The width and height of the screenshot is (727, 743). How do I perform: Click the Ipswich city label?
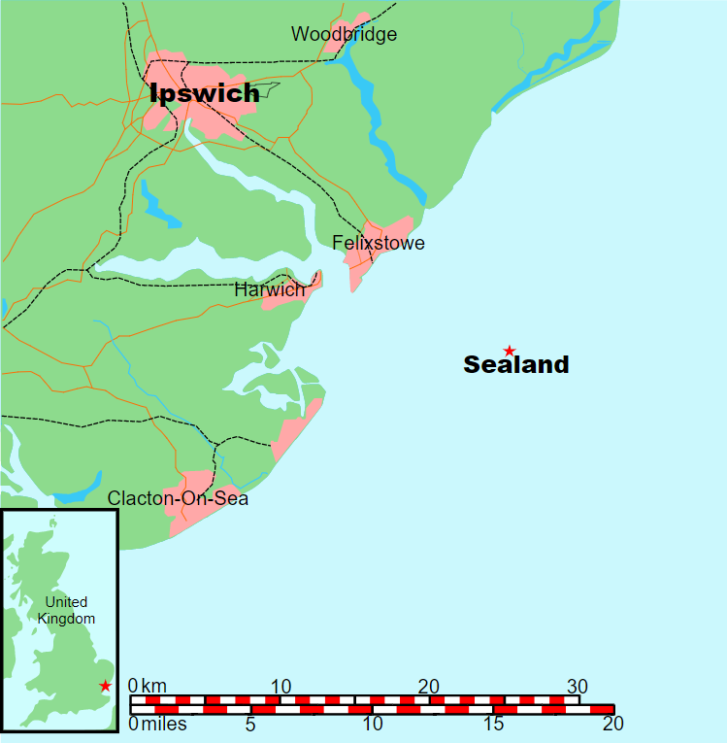tap(205, 93)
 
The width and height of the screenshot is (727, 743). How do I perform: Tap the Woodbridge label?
tap(344, 35)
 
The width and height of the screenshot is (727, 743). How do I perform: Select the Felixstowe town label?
tap(378, 243)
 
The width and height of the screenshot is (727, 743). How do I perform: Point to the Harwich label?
tap(269, 289)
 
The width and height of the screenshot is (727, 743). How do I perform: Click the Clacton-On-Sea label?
tap(178, 499)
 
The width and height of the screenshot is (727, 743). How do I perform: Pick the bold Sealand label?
tap(515, 365)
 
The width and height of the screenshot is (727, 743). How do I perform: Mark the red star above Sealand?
tap(508, 350)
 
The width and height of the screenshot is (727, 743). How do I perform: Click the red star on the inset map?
tap(106, 687)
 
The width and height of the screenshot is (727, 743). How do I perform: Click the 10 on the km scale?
tap(281, 686)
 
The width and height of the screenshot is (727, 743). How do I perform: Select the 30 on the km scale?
tap(578, 686)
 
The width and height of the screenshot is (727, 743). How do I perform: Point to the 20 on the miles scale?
tap(611, 724)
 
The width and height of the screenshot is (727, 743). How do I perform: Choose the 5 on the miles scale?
tap(250, 724)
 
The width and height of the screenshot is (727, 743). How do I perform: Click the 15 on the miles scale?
tap(492, 724)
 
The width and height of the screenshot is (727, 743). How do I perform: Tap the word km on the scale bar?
tap(154, 686)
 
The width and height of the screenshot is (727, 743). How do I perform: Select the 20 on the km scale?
tap(428, 686)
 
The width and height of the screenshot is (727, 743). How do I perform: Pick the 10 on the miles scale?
tap(372, 724)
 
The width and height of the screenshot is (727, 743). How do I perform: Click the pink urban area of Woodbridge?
tap(351, 28)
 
